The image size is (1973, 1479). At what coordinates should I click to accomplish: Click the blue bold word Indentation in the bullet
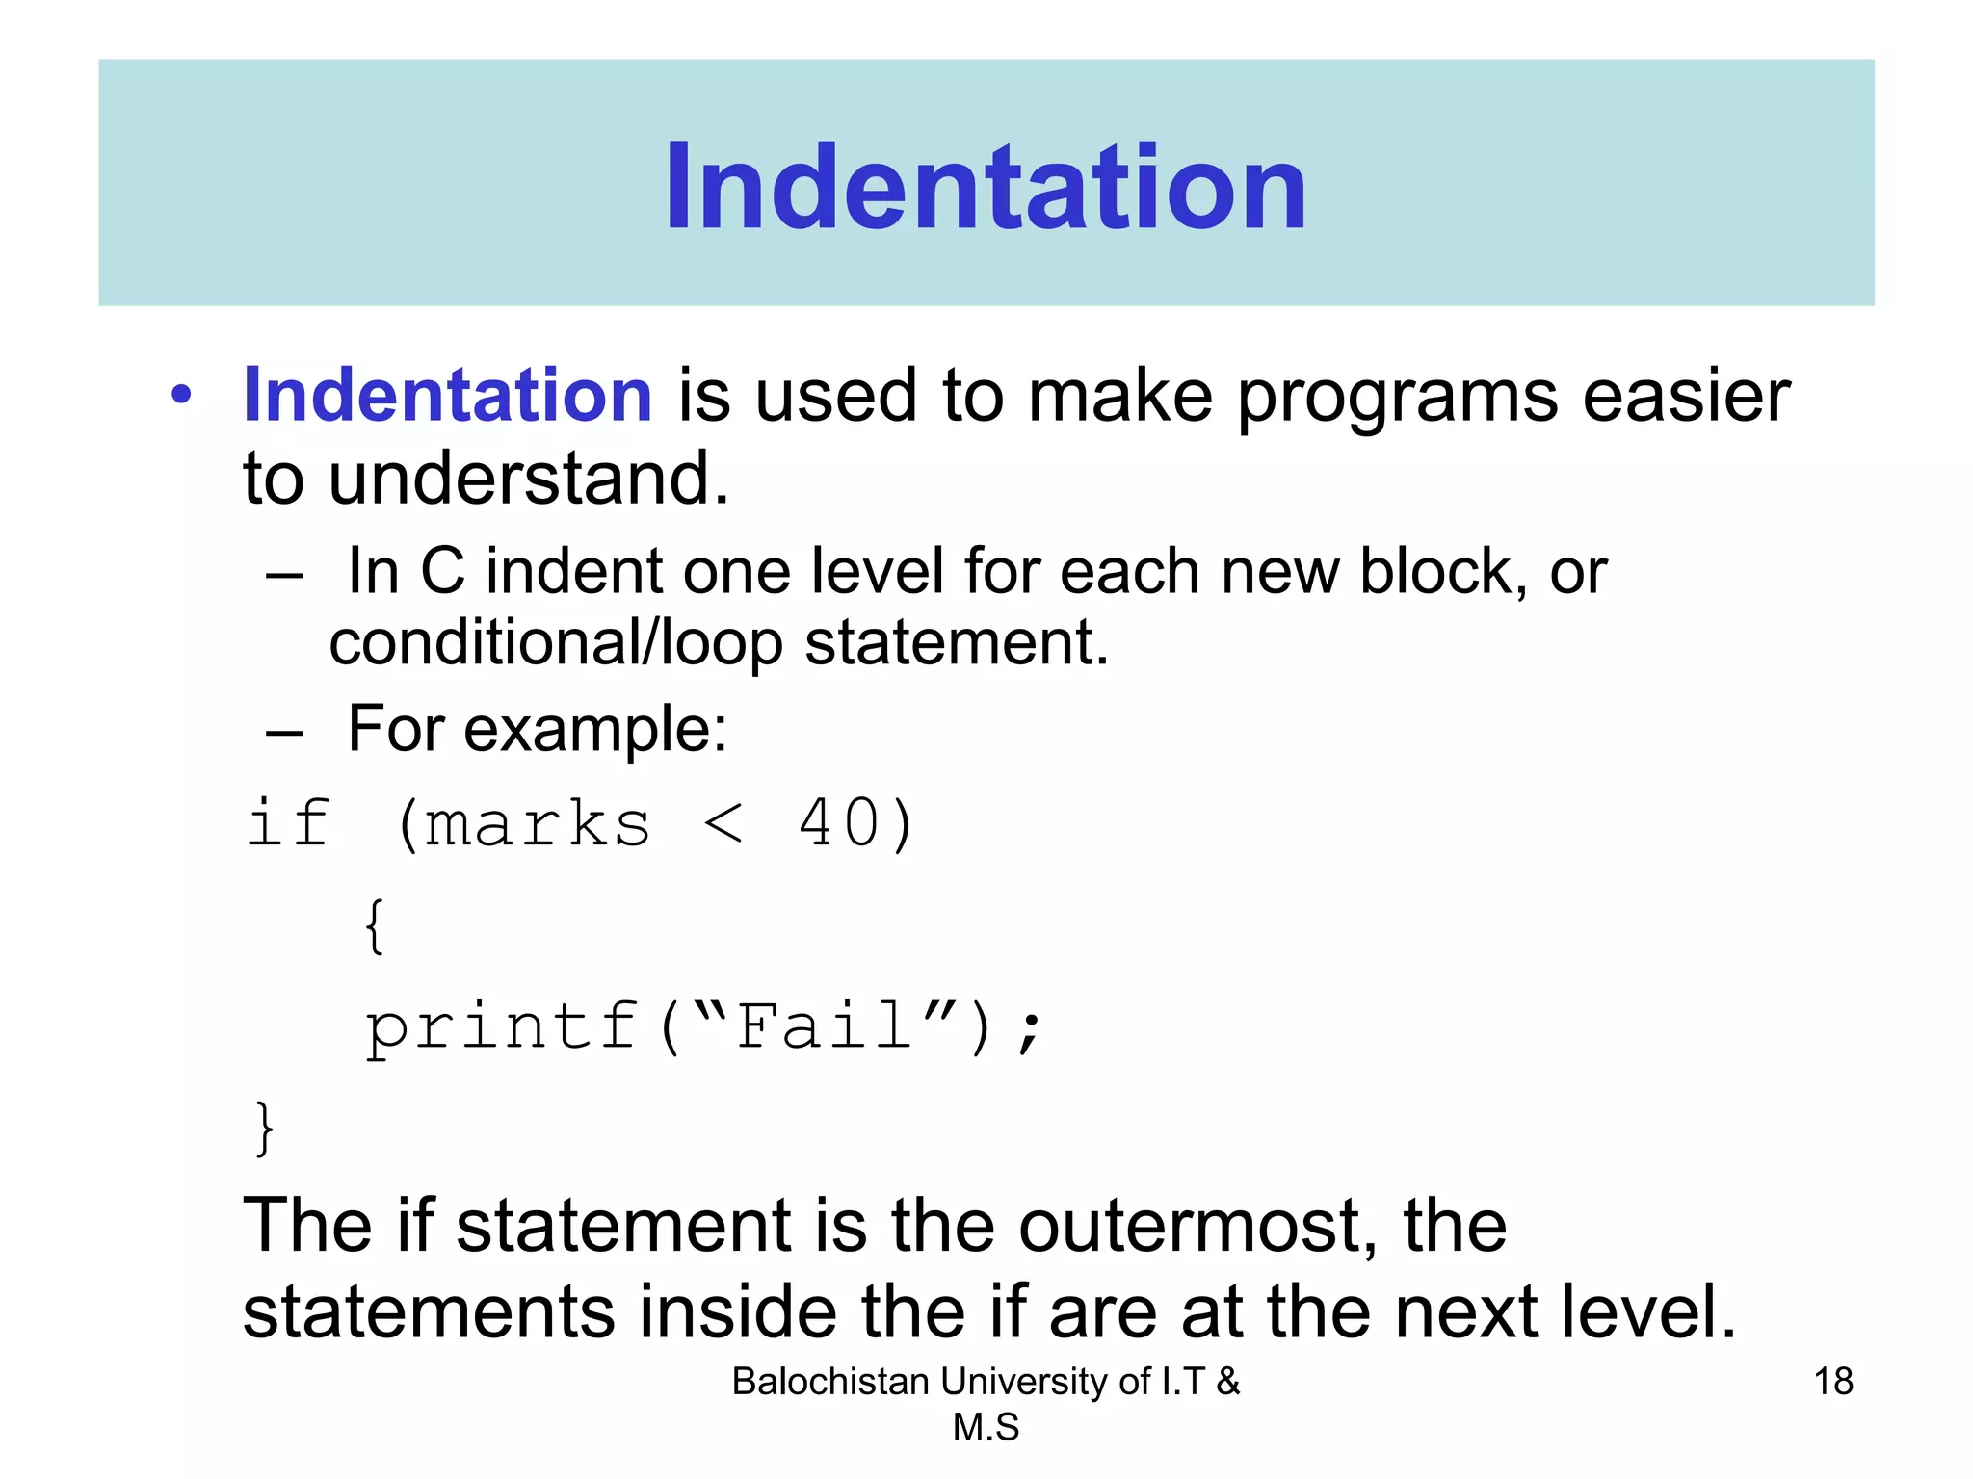[448, 396]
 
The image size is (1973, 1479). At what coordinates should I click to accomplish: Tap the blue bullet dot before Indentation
[181, 396]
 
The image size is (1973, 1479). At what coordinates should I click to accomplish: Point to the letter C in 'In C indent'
[442, 572]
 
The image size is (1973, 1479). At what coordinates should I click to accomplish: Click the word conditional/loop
[556, 643]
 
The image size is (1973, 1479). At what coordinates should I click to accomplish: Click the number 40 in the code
[839, 824]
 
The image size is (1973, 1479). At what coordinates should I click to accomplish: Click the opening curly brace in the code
[375, 926]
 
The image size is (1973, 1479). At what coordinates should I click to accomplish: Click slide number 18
[1832, 1382]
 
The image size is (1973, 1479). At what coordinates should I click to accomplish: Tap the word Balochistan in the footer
[829, 1382]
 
